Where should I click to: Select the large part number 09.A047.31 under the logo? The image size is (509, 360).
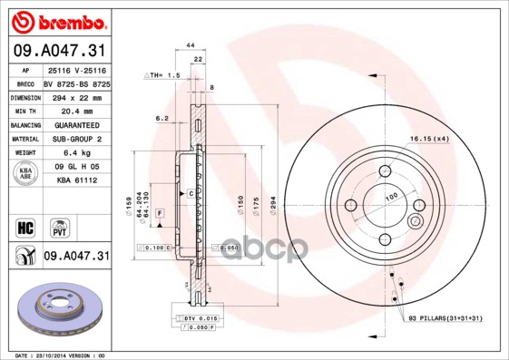coord(55,50)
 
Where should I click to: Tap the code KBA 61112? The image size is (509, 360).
coord(75,180)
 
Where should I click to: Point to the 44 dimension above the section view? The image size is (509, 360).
coord(191,44)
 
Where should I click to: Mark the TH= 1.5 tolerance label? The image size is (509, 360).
coord(163,76)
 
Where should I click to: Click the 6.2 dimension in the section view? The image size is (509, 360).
coord(162,119)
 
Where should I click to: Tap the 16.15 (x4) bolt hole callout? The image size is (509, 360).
coord(428,138)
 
